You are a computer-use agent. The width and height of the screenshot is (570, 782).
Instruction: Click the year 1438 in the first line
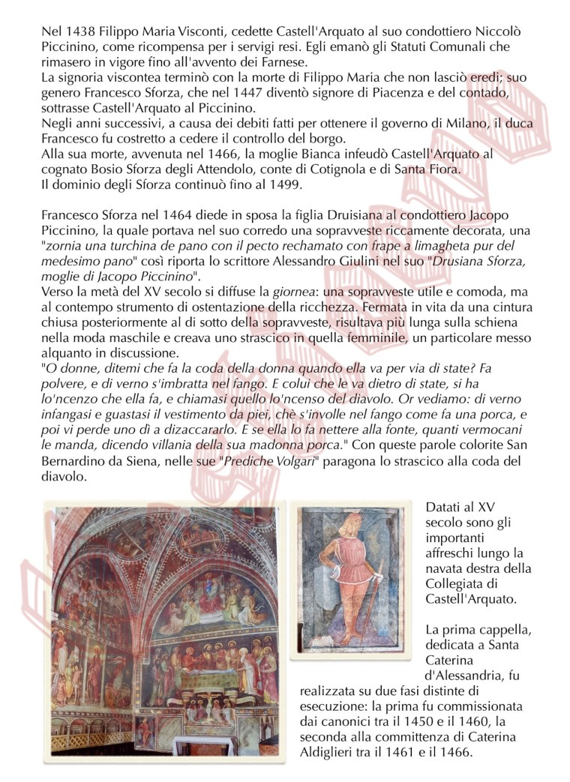pyautogui.click(x=76, y=33)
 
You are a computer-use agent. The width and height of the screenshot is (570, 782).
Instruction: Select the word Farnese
pyautogui.click(x=270, y=61)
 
